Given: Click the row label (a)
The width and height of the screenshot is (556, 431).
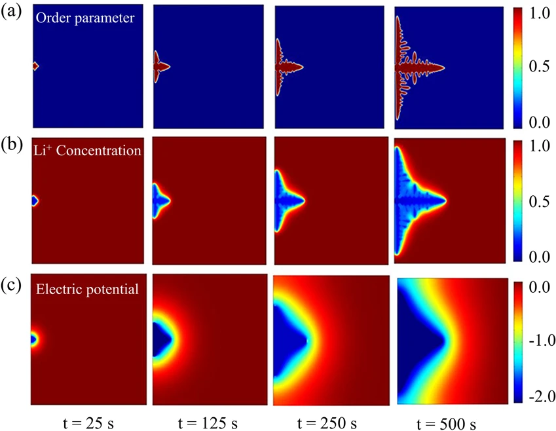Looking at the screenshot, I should click(x=11, y=12).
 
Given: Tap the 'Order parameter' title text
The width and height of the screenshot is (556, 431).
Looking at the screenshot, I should click(x=84, y=18).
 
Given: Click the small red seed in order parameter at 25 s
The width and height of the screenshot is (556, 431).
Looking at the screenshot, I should click(x=35, y=66).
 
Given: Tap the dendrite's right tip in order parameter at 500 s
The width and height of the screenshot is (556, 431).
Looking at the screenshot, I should click(x=443, y=67).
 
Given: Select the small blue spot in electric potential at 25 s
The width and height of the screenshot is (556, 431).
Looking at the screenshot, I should click(x=34, y=339).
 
